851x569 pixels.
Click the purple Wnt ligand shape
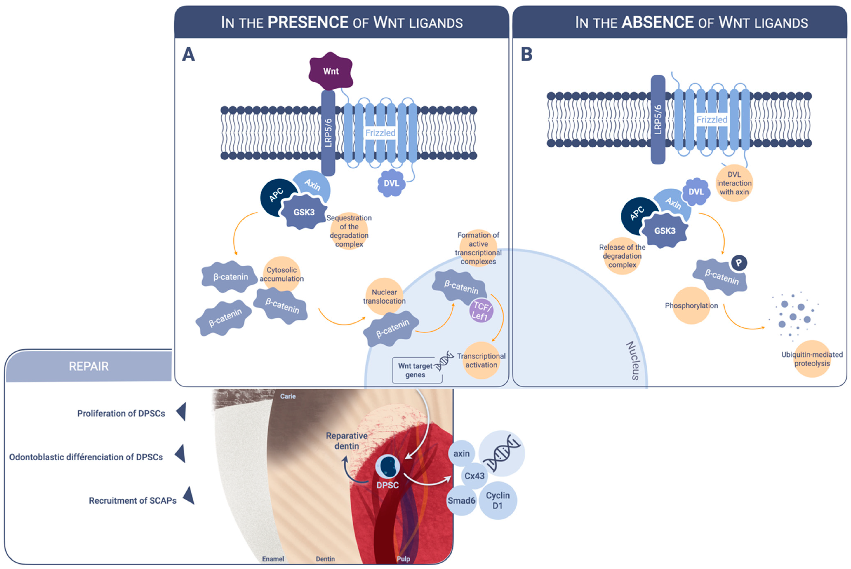[x=331, y=71]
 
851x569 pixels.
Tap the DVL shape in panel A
[x=391, y=183]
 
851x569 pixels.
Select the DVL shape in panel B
[x=696, y=192]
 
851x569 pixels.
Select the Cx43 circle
[x=474, y=476]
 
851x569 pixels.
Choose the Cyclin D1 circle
[x=498, y=500]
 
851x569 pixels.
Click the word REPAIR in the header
[x=89, y=367]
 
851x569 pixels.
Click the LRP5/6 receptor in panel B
[x=658, y=120]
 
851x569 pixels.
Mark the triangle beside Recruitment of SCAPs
[x=189, y=496]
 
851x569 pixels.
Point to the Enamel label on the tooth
[x=273, y=559]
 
